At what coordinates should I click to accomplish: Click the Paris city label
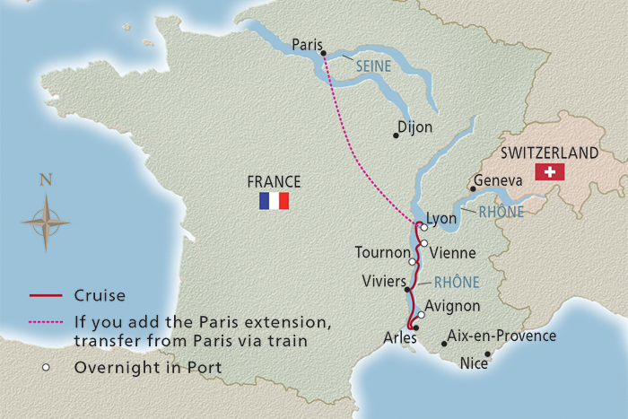tap(306, 43)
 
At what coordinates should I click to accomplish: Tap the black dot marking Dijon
tap(396, 135)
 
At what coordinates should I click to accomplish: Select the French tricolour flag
tap(274, 200)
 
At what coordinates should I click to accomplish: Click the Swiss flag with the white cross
tap(548, 171)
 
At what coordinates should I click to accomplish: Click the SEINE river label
tap(372, 66)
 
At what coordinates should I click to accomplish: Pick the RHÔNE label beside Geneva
tap(501, 213)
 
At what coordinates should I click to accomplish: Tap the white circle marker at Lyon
tap(424, 227)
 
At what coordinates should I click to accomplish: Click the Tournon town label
tap(380, 252)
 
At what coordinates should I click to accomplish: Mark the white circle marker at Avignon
tap(421, 315)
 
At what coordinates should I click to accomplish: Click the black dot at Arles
tap(415, 327)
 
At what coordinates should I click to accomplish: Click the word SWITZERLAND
tap(551, 153)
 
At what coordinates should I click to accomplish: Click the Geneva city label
tap(497, 180)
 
